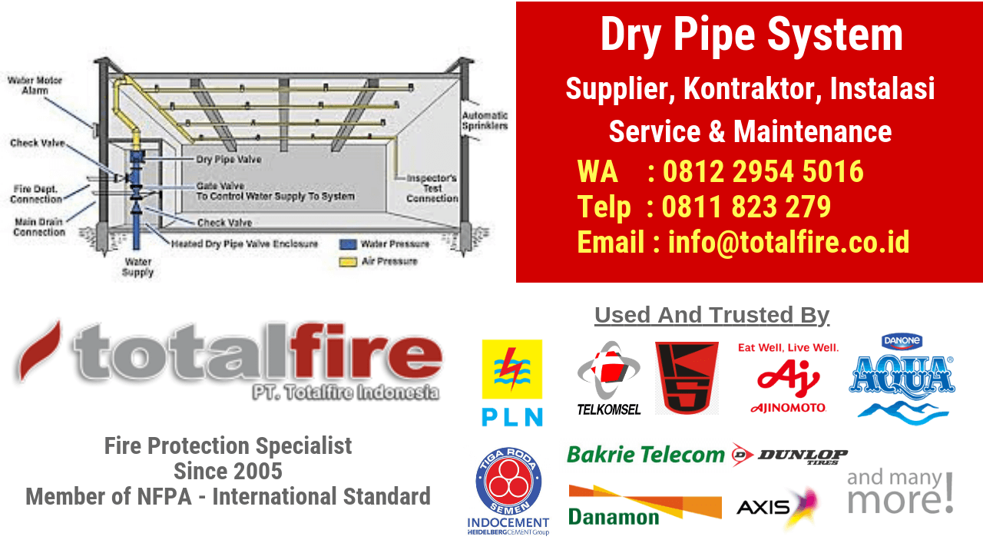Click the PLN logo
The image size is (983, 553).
[x=511, y=382]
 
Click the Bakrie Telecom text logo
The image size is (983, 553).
[x=645, y=455]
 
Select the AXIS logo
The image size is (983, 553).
[x=776, y=506]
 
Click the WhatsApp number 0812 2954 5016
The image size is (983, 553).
[x=763, y=172]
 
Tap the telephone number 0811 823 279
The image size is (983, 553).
[x=746, y=207]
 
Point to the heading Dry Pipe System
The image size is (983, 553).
[x=751, y=35]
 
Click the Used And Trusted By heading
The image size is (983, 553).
[x=712, y=315]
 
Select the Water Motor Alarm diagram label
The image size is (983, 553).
[x=35, y=85]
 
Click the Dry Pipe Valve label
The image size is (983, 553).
[x=229, y=160]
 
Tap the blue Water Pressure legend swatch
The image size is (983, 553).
[x=347, y=244]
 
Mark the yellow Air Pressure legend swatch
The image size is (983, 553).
[x=347, y=261]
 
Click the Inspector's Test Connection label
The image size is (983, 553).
[x=432, y=188]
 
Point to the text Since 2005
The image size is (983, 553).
[x=228, y=470]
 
